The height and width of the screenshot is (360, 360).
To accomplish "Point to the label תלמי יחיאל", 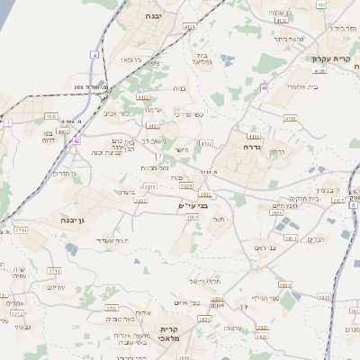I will (206, 282).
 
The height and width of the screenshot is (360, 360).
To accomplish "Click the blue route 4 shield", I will (94, 55).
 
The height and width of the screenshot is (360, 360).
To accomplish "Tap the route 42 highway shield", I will (76, 141).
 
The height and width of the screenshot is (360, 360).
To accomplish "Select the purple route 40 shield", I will (265, 87).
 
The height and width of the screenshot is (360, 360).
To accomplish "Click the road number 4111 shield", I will (153, 126).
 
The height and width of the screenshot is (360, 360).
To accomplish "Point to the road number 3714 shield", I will (20, 231).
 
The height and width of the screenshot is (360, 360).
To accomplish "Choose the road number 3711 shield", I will (54, 270).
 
